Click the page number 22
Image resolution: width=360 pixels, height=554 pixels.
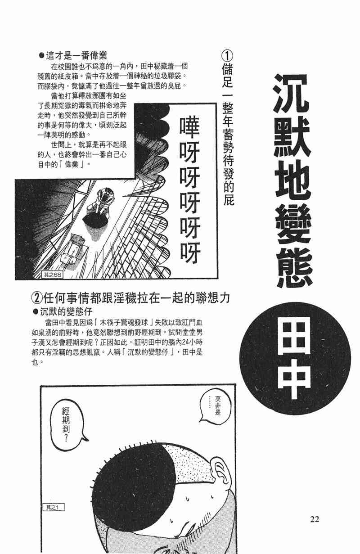(315, 519)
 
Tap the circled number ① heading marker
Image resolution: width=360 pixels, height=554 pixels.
(227, 56)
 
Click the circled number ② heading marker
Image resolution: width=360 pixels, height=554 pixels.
(36, 298)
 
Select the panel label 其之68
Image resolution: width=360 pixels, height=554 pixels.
(53, 275)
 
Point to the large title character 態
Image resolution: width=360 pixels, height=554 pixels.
(294, 267)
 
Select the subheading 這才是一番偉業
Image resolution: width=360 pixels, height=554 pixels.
(73, 56)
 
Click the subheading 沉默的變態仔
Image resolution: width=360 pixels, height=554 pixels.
(63, 311)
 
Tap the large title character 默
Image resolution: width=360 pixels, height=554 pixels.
(292, 136)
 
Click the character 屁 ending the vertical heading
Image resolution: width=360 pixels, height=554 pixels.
(228, 199)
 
